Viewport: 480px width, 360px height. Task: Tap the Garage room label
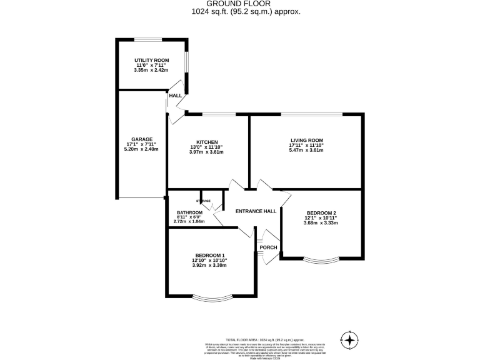pyautogui.click(x=141, y=139)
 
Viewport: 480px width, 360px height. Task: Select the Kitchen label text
pyautogui.click(x=206, y=142)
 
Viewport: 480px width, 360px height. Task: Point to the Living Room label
pyautogui.click(x=306, y=140)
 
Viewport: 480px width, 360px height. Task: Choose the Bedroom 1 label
pyautogui.click(x=209, y=255)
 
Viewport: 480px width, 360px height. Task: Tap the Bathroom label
pyautogui.click(x=189, y=212)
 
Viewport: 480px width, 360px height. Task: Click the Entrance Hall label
pyautogui.click(x=256, y=211)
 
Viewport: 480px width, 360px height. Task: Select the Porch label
pyautogui.click(x=268, y=247)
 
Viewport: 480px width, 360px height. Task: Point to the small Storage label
pyautogui.click(x=204, y=201)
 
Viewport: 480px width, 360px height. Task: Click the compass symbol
pyautogui.click(x=351, y=341)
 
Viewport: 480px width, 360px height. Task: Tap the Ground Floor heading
pyautogui.click(x=240, y=4)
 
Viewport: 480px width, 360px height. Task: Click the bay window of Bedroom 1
pyautogui.click(x=209, y=297)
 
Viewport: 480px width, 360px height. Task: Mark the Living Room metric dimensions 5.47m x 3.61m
pyautogui.click(x=306, y=151)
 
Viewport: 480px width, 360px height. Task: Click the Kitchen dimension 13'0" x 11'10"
pyautogui.click(x=206, y=147)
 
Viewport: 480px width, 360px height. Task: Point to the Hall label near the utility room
pyautogui.click(x=176, y=96)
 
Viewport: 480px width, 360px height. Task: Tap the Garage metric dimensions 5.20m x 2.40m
pyautogui.click(x=141, y=149)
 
